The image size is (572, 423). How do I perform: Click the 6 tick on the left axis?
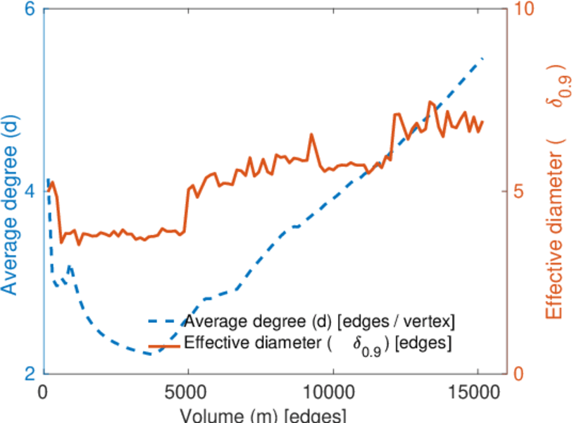[30, 11]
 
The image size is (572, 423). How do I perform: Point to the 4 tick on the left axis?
[30, 192]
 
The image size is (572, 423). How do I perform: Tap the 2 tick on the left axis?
[30, 373]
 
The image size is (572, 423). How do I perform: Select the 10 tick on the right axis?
[524, 11]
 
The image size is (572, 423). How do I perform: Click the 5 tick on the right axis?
[519, 192]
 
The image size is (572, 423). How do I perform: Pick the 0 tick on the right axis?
[519, 373]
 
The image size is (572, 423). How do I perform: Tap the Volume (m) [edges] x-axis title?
[263, 414]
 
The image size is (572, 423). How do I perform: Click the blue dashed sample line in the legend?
[164, 322]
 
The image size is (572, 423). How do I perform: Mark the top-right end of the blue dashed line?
[483, 58]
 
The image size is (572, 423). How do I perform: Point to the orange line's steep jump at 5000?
[187, 208]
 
